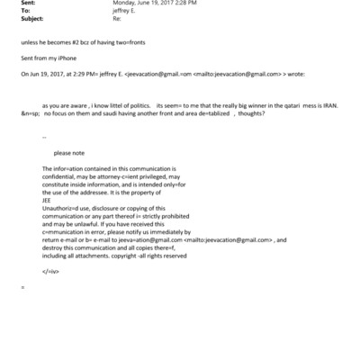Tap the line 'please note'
pos(69,153)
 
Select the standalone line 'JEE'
pos(48,201)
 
